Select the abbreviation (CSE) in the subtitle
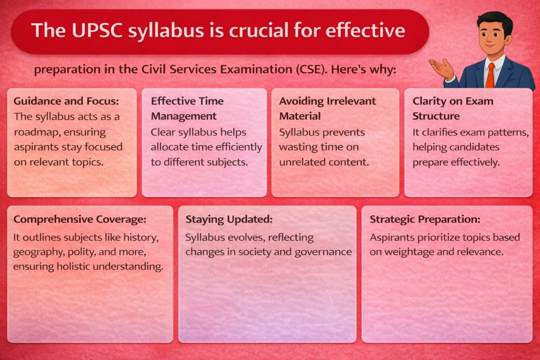(311, 70)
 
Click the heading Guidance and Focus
(66, 101)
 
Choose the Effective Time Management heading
(187, 109)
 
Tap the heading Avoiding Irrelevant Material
(327, 109)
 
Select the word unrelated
(300, 162)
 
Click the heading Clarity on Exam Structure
(453, 109)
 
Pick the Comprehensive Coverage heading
(80, 219)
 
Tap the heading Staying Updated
(229, 219)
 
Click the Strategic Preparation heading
(425, 219)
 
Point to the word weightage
(409, 252)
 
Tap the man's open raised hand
(441, 69)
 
